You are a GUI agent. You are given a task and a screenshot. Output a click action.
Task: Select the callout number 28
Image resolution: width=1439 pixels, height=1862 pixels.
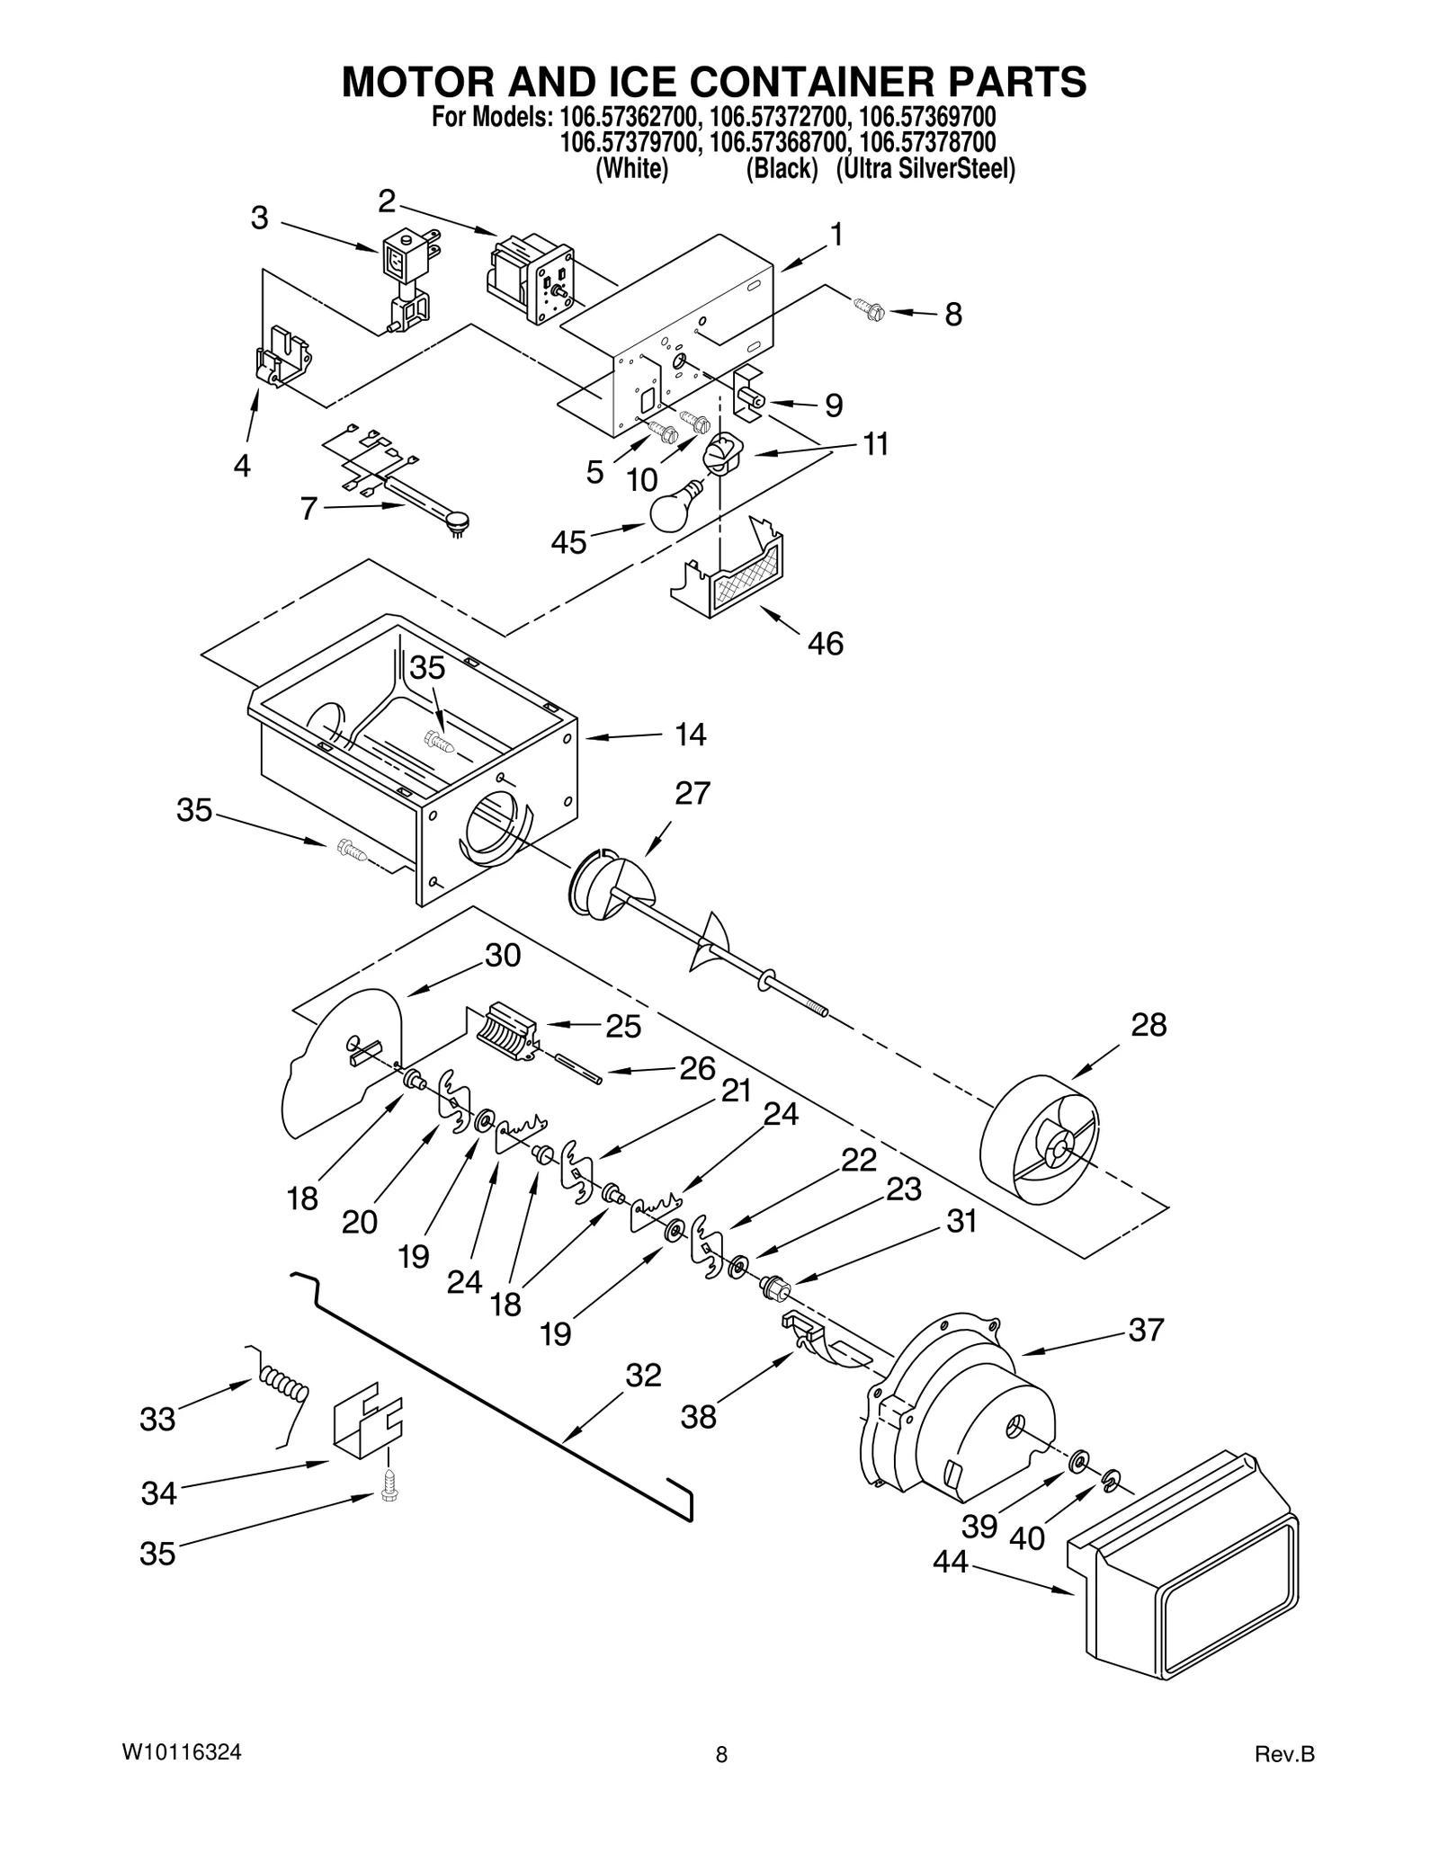(x=1149, y=1025)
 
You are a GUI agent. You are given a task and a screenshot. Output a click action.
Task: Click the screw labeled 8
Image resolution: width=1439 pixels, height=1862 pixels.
(x=871, y=310)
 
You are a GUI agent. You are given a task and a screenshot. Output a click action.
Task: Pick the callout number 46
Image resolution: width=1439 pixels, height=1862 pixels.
(x=825, y=643)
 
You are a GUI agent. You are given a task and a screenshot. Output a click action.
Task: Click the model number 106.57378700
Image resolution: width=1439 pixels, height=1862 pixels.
(x=927, y=142)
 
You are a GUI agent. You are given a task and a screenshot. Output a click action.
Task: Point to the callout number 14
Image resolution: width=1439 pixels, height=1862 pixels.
(x=690, y=735)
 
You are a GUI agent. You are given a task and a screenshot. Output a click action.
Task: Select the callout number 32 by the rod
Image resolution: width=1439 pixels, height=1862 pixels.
(x=644, y=1375)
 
